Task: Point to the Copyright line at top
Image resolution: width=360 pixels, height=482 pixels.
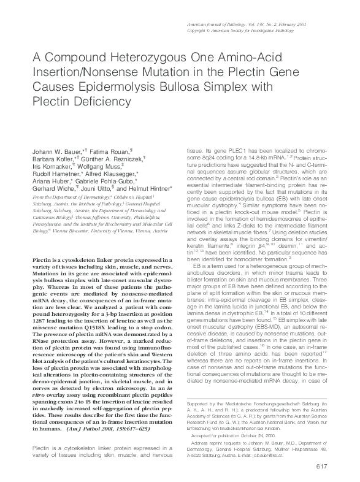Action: coord(272,29)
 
